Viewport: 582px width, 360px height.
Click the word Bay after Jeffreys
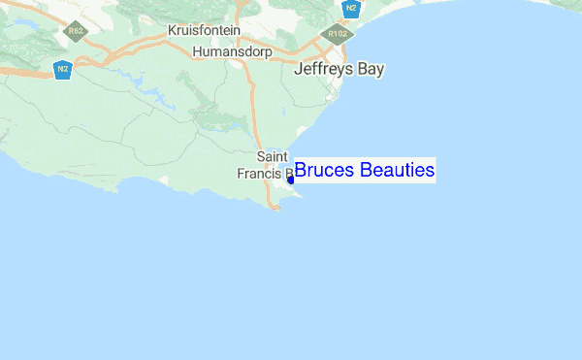point(372,70)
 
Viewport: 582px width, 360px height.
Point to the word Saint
point(272,156)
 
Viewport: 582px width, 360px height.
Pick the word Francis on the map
point(258,175)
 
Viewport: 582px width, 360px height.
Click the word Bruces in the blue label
point(325,172)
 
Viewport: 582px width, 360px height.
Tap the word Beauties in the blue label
point(397,172)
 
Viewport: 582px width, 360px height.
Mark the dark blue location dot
point(291,180)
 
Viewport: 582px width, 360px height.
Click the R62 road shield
point(74,32)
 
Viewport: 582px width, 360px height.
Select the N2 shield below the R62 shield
point(63,70)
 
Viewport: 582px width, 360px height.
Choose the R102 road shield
point(339,33)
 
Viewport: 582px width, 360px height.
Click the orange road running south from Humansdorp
point(255,116)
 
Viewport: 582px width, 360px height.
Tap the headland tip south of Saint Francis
point(278,207)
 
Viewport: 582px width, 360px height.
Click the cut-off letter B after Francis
point(287,175)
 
